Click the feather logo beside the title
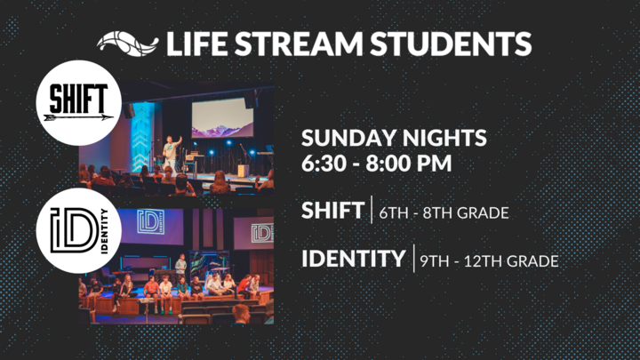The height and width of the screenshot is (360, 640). [127, 44]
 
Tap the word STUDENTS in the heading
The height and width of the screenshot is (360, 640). [451, 44]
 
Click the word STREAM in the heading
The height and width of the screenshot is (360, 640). [299, 44]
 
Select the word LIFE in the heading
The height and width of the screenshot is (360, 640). [196, 44]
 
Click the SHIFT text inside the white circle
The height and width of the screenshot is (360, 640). [78, 99]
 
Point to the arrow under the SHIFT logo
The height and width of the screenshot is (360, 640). [78, 118]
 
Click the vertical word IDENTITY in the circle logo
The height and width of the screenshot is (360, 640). [104, 231]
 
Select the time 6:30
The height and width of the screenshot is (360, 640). [324, 164]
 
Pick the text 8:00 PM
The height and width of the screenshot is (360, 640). [409, 164]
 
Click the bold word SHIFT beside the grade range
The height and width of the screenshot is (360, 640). [332, 211]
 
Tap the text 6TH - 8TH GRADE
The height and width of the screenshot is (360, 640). [444, 213]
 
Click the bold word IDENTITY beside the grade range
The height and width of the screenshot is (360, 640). [354, 259]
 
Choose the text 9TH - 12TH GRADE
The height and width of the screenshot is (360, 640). [490, 261]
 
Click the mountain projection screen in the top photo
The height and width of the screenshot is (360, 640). [222, 117]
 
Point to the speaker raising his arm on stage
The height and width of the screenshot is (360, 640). [172, 156]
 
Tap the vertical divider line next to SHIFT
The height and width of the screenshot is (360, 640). [372, 210]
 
